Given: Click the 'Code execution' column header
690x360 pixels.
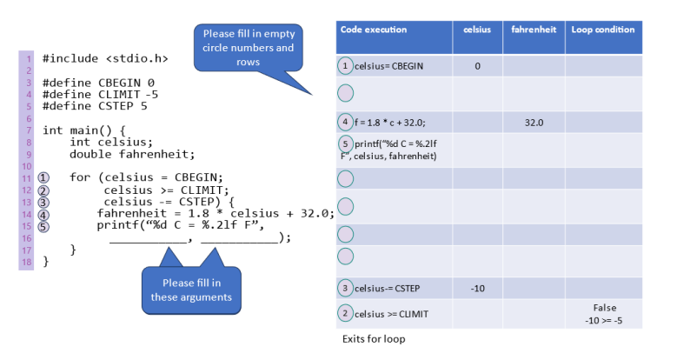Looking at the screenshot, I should click(x=373, y=30).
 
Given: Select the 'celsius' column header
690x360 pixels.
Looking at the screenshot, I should click(x=477, y=30).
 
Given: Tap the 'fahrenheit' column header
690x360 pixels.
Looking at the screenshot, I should click(x=534, y=30).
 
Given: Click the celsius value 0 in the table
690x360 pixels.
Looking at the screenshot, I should click(x=477, y=66).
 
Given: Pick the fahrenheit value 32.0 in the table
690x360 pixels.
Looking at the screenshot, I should click(x=534, y=123).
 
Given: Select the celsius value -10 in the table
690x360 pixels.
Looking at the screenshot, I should click(x=477, y=288).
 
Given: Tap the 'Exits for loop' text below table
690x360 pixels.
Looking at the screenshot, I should click(x=374, y=339).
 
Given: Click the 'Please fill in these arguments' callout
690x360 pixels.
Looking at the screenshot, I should click(x=190, y=290).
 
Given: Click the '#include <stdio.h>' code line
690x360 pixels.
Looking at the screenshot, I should click(x=104, y=59).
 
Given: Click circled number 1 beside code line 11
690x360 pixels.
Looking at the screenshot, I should click(x=43, y=178).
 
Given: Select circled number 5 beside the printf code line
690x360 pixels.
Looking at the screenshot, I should click(x=43, y=226).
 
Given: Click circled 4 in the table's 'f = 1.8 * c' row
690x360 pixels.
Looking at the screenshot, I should click(x=345, y=123).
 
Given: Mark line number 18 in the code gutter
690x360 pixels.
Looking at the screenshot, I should click(x=27, y=261).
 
